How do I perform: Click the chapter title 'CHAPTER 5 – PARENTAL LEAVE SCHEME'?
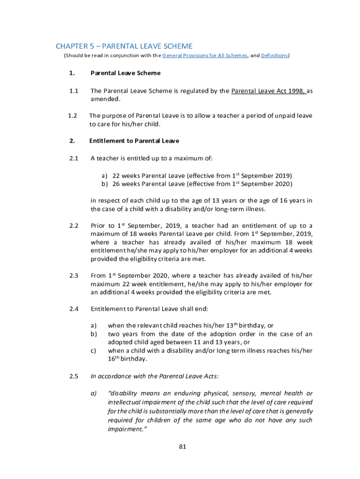124,46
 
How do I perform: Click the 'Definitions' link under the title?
274,56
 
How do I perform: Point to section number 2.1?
73,158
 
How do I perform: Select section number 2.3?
73,276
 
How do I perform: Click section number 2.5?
73,376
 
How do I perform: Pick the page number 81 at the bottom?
182,446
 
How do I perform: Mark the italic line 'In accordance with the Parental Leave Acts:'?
154,376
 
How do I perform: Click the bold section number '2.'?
72,141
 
